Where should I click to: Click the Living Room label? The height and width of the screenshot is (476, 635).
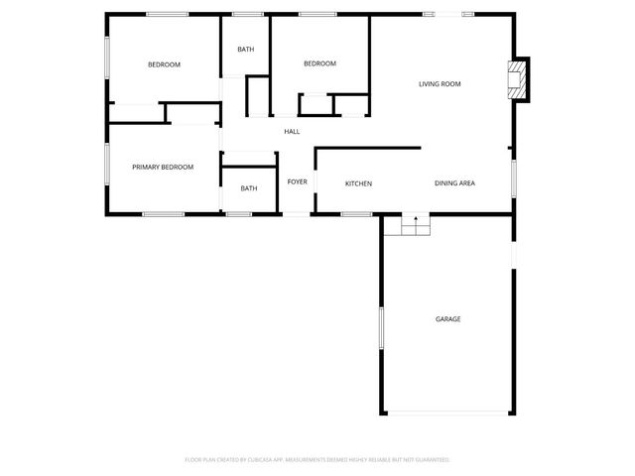tap(440, 84)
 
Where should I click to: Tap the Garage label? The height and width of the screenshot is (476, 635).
tap(447, 319)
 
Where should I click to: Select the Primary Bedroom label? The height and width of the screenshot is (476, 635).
tap(163, 167)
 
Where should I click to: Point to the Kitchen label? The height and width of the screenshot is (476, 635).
tap(358, 184)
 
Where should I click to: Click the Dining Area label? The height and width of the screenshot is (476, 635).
tap(454, 184)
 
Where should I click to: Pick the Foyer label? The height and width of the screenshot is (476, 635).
tap(298, 182)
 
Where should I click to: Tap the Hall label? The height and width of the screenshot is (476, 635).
tap(292, 132)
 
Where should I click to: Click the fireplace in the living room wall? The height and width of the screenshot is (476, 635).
tap(517, 80)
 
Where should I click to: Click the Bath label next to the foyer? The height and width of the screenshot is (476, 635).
tap(248, 188)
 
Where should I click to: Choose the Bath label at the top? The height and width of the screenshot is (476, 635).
tap(246, 49)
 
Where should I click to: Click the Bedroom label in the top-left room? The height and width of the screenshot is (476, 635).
tap(164, 65)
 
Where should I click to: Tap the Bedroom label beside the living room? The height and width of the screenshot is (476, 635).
tap(319, 64)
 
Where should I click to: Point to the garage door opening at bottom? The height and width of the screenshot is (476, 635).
tap(447, 414)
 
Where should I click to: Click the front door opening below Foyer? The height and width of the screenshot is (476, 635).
tap(298, 213)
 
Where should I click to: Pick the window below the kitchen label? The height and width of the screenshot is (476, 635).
tap(355, 213)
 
